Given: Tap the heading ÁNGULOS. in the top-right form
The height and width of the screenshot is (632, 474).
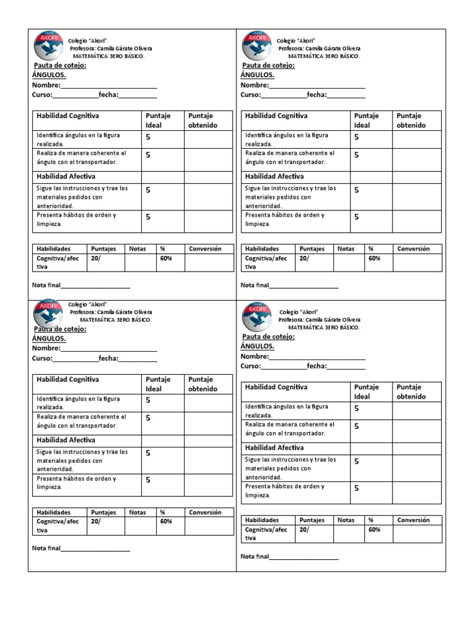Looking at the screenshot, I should [x=257, y=75].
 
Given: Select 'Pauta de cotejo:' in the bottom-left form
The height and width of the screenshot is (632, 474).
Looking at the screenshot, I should [x=59, y=329].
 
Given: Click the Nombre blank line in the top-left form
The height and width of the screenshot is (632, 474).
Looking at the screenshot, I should [x=109, y=86].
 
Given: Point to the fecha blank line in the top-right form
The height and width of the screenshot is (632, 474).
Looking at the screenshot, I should [x=346, y=95].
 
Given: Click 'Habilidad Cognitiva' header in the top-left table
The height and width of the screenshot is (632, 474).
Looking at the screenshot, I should [x=68, y=116].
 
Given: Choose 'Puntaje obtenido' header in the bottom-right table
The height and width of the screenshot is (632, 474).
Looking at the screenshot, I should [x=411, y=392].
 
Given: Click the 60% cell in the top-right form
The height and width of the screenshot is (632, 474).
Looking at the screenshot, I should [x=375, y=259].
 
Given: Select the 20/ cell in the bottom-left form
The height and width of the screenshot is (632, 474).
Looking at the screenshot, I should [x=96, y=522].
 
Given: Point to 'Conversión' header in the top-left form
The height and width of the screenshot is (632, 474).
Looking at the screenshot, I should [x=205, y=249].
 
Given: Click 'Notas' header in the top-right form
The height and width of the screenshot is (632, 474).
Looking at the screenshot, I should [x=346, y=249].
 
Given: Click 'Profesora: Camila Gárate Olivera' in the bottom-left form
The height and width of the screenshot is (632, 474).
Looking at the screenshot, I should [x=111, y=312].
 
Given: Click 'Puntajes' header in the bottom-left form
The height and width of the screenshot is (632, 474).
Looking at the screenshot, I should [x=104, y=512].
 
